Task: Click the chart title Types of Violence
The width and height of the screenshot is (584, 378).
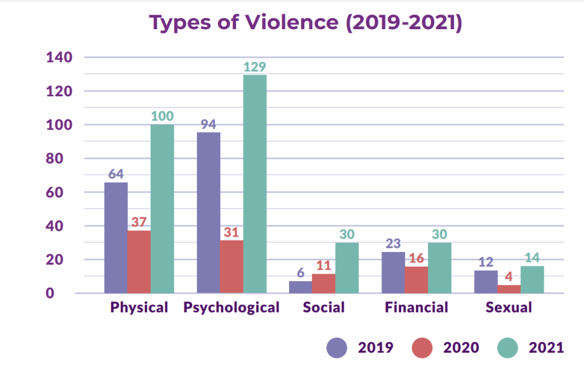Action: [x=305, y=23]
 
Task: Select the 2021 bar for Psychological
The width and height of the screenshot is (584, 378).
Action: [x=255, y=184]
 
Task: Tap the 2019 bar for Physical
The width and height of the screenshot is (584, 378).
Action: [x=116, y=237]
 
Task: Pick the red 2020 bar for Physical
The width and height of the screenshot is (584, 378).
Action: [x=139, y=261]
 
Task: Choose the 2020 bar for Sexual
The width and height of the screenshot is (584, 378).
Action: [x=509, y=289]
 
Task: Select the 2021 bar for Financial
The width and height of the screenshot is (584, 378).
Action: [x=440, y=268]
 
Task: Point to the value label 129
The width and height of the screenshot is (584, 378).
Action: [x=255, y=67]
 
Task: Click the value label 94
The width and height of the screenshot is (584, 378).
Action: [x=208, y=124]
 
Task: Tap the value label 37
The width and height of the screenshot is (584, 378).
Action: [x=139, y=222]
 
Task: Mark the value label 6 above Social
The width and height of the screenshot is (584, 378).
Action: [x=300, y=272]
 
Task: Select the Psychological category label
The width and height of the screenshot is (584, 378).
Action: [x=231, y=307]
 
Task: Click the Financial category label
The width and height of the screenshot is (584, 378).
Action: [x=416, y=307]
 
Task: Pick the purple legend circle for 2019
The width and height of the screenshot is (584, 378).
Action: [x=337, y=348]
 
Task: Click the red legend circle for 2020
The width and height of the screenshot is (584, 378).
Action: [x=422, y=348]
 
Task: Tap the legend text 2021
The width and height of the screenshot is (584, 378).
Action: [x=546, y=348]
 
